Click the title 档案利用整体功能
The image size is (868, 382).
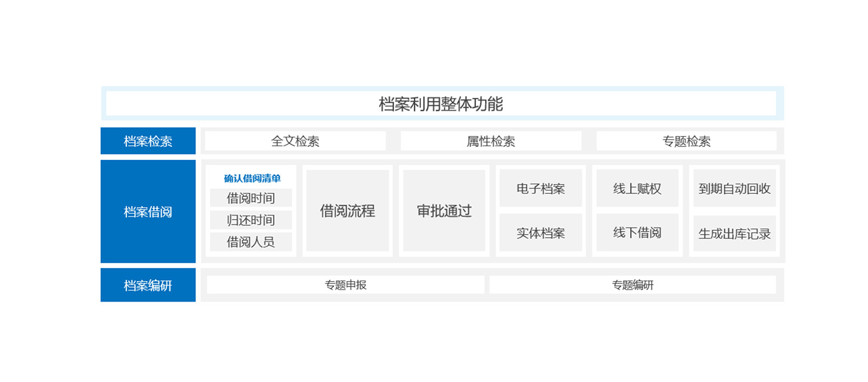(441, 104)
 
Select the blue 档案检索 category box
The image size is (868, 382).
(148, 141)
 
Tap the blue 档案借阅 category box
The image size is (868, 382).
(148, 211)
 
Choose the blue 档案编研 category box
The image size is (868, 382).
(148, 285)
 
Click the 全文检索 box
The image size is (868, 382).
(295, 141)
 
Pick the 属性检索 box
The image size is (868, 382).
(491, 141)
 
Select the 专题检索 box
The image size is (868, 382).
(687, 141)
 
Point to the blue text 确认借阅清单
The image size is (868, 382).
(252, 178)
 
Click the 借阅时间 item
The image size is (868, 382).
(251, 198)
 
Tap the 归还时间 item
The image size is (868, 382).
(251, 220)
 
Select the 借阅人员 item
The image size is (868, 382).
(251, 242)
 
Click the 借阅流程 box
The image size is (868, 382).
(348, 211)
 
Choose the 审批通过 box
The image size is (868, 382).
(444, 211)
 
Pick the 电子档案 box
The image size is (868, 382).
(541, 188)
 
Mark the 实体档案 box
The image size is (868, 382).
(541, 232)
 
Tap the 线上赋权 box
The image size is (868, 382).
(637, 188)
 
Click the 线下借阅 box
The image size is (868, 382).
(637, 232)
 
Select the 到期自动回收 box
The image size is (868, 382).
(734, 188)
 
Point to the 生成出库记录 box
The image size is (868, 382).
(734, 233)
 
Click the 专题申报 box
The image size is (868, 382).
(346, 285)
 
